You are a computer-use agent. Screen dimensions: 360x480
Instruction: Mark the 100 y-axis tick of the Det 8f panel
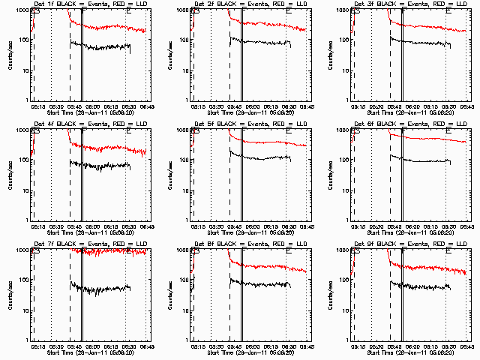182,280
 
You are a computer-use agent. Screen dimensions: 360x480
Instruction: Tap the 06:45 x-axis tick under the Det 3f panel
466,106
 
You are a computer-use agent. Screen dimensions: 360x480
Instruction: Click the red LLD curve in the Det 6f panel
435,139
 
